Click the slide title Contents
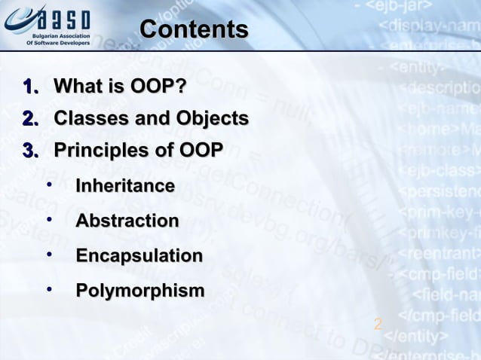tap(194, 29)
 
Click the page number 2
tap(378, 324)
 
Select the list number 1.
tap(31, 87)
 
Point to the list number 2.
tap(31, 119)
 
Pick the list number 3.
tap(31, 151)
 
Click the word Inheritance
tap(125, 185)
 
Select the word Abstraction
tap(127, 221)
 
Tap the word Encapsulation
tap(139, 256)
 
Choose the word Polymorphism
tap(139, 291)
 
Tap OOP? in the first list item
tap(158, 87)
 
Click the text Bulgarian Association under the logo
tap(61, 36)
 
